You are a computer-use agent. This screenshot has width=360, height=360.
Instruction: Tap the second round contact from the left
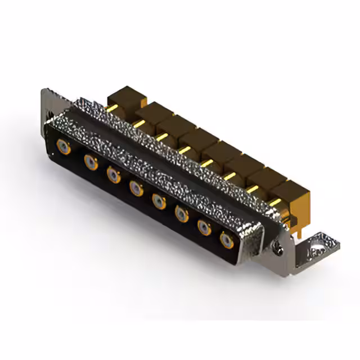91,163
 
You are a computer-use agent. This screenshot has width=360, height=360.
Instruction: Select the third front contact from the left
114,175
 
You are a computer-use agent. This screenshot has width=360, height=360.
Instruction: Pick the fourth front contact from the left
136,187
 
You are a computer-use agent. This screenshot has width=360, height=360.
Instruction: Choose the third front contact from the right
182,213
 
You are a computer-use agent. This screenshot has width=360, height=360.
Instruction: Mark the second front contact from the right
204,227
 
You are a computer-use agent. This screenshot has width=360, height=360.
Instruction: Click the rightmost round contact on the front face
227,241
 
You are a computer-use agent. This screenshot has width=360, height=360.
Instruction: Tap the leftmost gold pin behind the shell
112,107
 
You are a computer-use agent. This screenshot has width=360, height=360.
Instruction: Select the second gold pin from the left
138,123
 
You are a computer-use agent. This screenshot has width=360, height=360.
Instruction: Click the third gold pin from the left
162,137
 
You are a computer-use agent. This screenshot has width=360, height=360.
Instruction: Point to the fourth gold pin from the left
184,149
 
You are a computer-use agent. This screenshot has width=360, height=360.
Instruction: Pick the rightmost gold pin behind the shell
274,201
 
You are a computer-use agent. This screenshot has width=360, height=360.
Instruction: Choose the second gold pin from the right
252,188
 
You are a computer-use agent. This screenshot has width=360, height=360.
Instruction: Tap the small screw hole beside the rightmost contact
276,245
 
